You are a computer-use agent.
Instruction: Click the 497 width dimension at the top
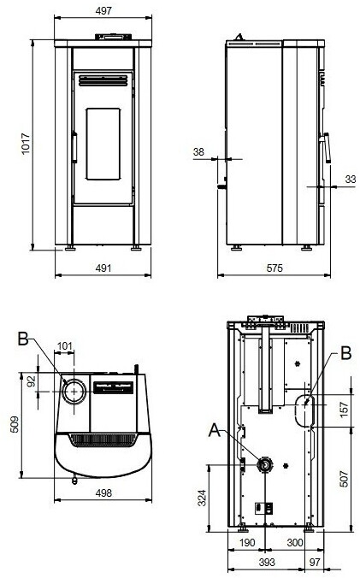103,11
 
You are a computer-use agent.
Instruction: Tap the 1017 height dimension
26,144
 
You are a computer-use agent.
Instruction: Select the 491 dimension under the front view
103,268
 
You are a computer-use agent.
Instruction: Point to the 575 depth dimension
274,268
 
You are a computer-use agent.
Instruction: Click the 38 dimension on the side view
198,151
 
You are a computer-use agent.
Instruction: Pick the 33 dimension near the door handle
351,180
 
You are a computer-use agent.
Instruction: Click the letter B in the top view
23,339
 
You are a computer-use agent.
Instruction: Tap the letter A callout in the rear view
215,430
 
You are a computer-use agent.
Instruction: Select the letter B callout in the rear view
346,353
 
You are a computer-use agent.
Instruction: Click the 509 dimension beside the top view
15,424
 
